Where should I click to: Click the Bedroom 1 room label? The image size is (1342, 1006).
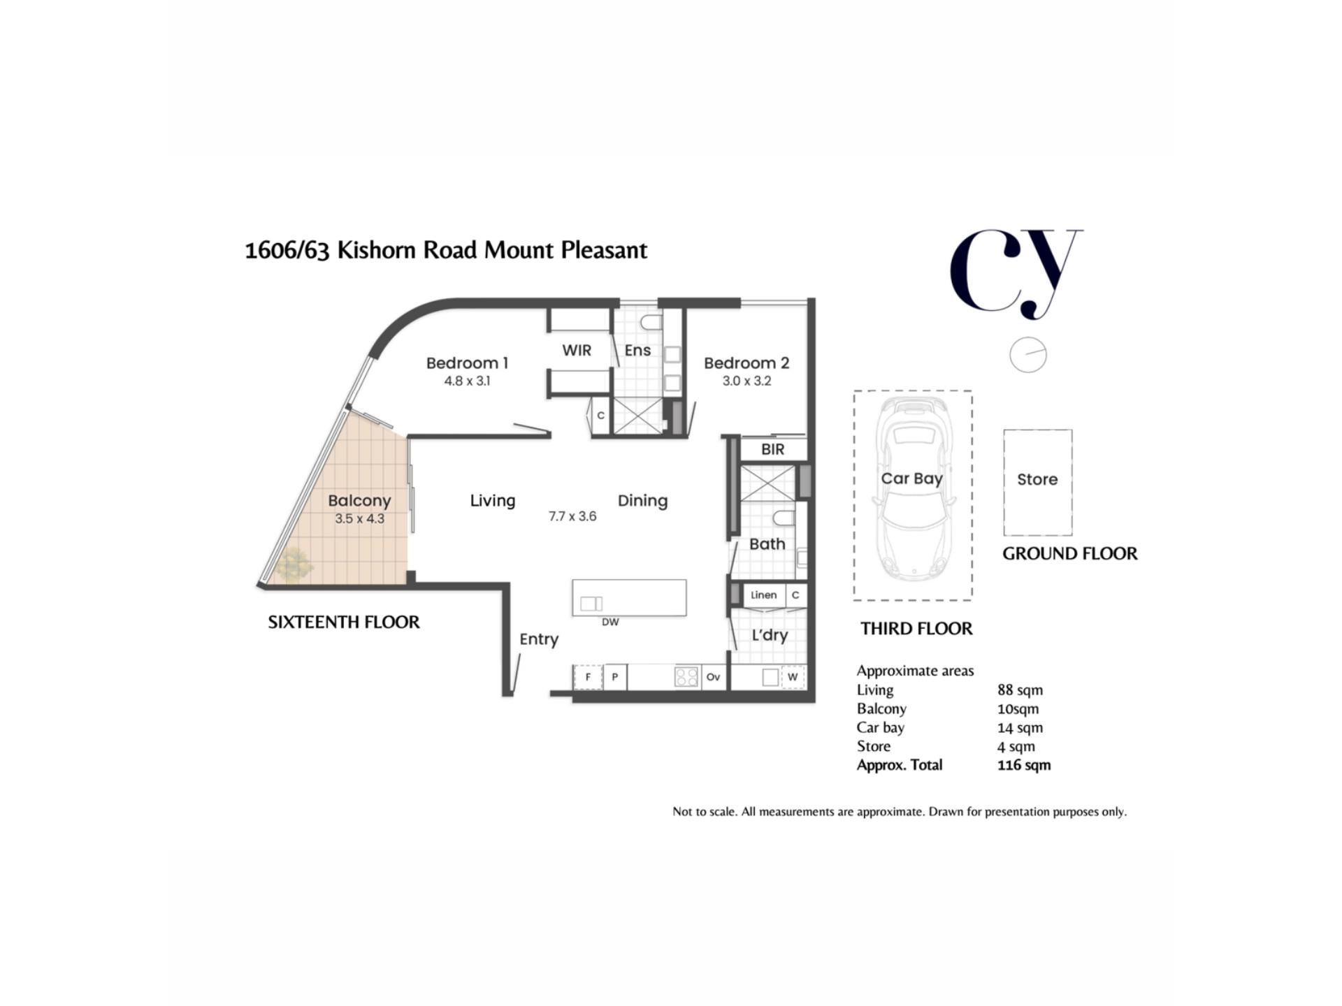467,363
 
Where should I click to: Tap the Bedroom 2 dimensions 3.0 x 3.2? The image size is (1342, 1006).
746,381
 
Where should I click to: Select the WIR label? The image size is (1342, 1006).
577,351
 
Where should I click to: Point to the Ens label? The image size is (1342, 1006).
637,351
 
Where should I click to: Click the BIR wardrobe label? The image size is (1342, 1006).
772,450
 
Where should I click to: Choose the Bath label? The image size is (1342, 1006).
767,544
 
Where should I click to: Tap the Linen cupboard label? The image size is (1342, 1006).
763,595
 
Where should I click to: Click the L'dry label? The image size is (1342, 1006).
770,636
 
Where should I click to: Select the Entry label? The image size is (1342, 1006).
539,640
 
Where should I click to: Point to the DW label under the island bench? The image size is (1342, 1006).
610,622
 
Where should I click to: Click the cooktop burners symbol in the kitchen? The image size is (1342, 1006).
686,677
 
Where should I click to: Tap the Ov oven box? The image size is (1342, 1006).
713,677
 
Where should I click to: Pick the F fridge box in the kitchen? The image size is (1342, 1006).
588,677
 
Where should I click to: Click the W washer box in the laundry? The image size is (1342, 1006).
793,677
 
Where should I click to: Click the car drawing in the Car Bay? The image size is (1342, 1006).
913,489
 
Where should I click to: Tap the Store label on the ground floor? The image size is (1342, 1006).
1037,480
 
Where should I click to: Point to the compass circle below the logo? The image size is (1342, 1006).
1027,355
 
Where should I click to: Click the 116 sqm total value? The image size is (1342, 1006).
1024,765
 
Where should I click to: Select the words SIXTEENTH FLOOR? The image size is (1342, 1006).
344,622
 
